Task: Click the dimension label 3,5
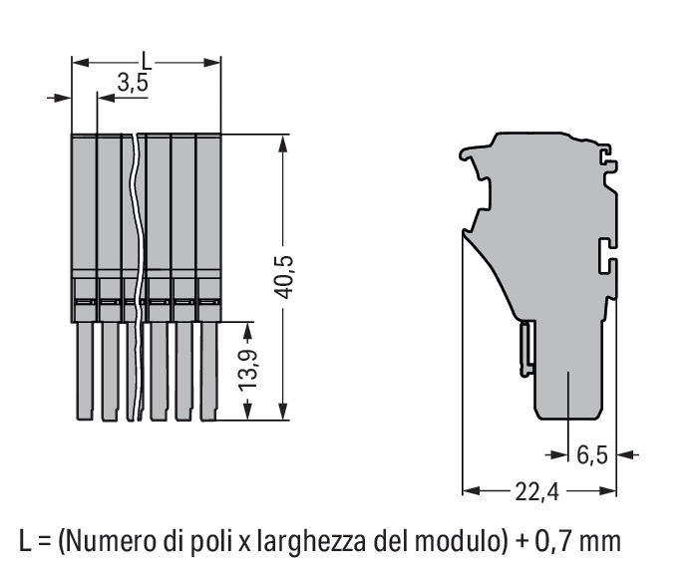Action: (133, 83)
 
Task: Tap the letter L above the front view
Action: (147, 61)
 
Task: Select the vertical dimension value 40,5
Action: (283, 277)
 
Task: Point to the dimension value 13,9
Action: (248, 370)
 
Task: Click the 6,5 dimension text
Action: (592, 454)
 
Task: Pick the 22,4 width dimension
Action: (537, 491)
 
